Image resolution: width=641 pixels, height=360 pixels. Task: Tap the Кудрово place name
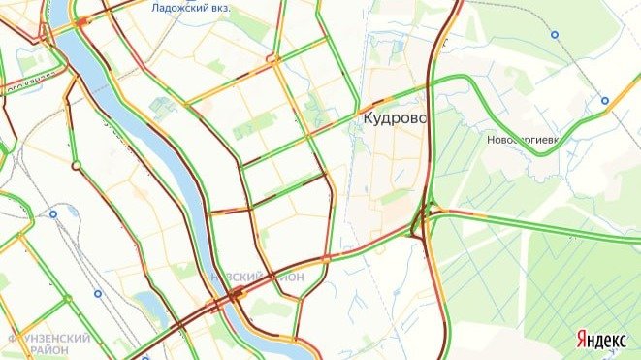point(396,117)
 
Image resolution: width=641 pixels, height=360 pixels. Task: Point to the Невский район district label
point(257,277)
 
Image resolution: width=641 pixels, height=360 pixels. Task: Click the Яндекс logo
point(600,339)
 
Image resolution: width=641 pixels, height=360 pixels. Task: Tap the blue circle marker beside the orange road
point(604,100)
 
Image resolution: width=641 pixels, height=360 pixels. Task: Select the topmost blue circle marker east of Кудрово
point(555,34)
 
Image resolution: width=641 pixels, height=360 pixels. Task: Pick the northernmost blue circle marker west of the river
point(53,213)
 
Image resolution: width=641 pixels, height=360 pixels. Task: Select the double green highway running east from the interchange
point(543,227)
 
